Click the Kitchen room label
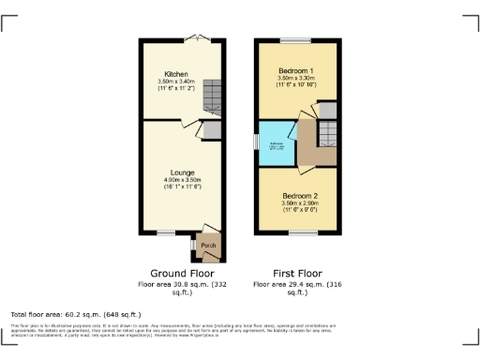tap(176, 74)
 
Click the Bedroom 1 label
tap(295, 71)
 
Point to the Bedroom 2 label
tap(302, 196)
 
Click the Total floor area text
tap(76, 314)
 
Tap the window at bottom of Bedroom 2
tap(303, 232)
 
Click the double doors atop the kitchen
tap(196, 38)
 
